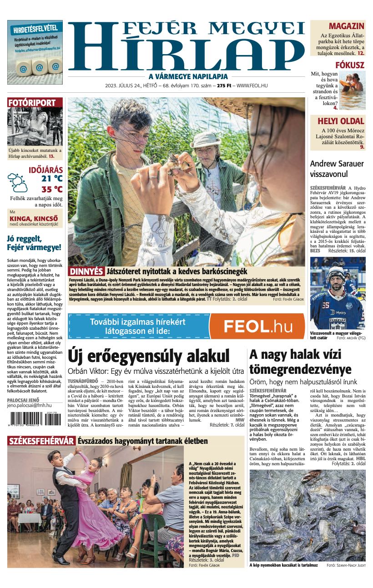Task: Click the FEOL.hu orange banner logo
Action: (x=257, y=326)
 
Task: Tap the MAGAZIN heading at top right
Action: (x=346, y=26)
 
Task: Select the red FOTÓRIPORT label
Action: (x=32, y=103)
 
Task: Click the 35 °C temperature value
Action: (x=52, y=189)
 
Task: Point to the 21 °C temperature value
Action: (x=52, y=178)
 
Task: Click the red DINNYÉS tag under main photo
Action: (x=86, y=271)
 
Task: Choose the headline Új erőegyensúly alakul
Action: (x=148, y=356)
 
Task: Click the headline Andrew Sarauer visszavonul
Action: (x=337, y=168)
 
